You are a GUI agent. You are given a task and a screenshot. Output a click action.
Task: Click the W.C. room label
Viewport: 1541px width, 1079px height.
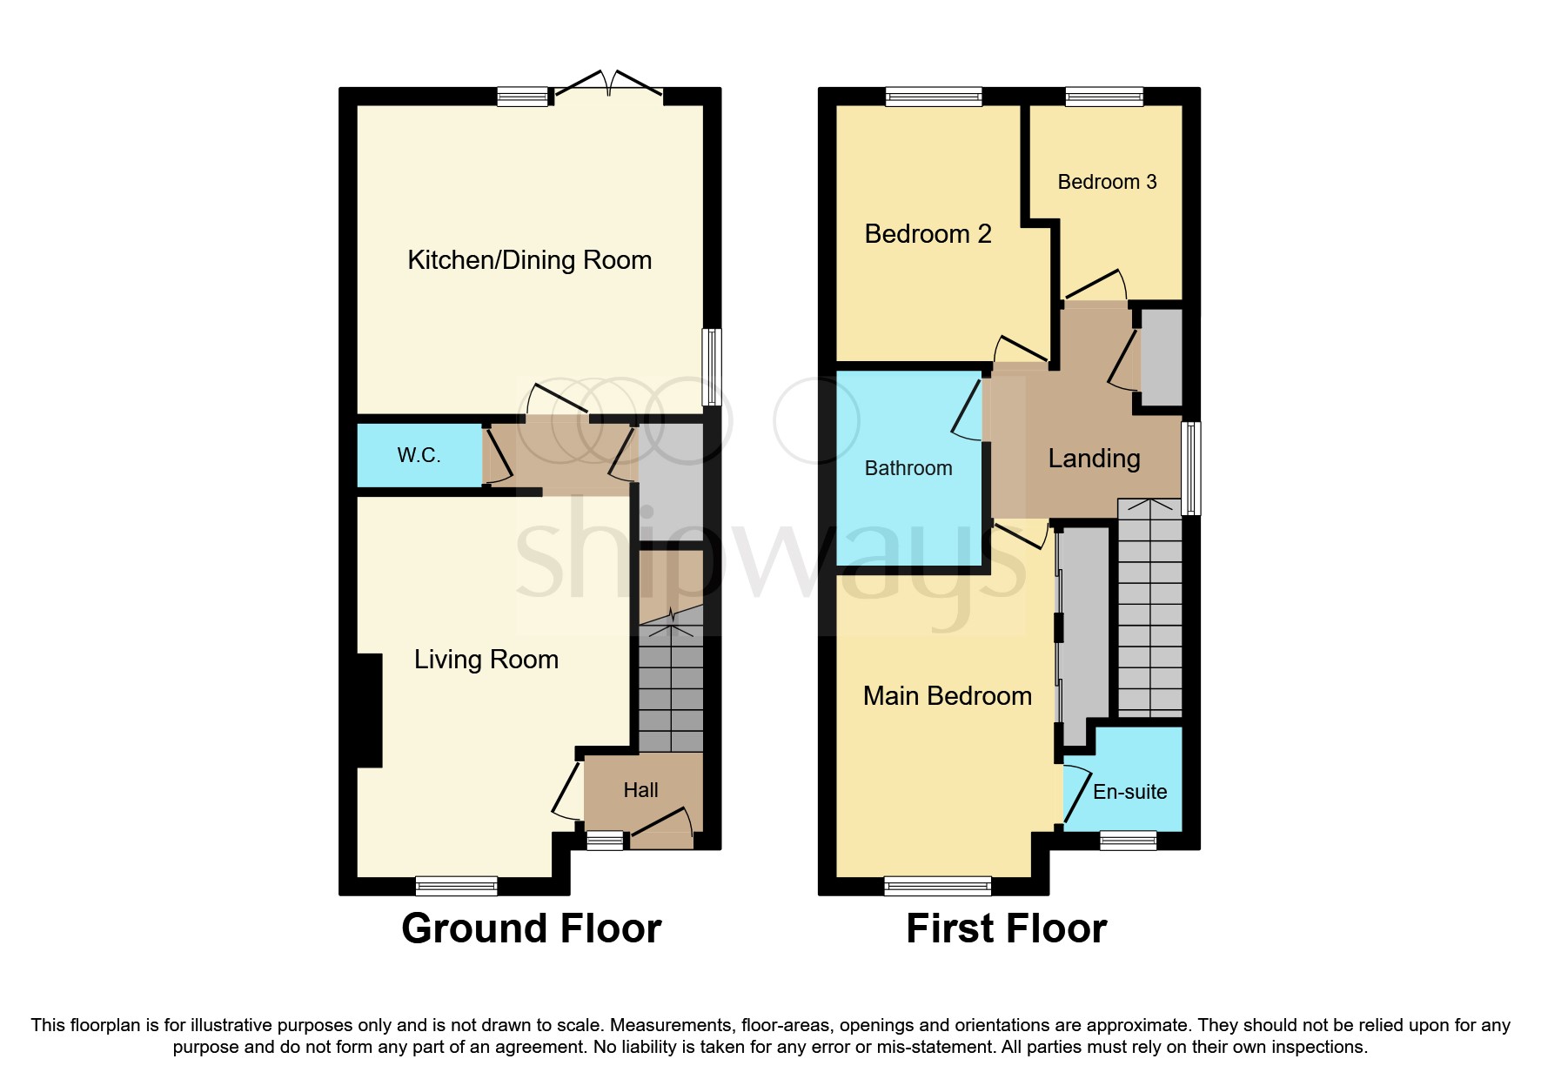(x=419, y=455)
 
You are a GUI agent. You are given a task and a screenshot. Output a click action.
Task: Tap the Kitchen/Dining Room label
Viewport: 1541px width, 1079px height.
(x=529, y=260)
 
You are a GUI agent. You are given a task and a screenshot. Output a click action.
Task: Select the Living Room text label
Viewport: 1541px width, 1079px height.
(x=486, y=660)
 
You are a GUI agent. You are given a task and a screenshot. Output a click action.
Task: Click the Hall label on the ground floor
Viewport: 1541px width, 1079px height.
(x=640, y=790)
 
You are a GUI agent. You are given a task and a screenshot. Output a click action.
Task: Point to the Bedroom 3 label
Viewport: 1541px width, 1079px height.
(x=1107, y=182)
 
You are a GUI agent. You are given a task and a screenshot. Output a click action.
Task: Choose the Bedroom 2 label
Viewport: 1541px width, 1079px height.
(x=928, y=234)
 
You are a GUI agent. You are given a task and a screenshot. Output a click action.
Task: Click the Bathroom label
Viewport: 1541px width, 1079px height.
(x=908, y=468)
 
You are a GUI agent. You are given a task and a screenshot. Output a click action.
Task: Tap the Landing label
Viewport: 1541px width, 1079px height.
(x=1094, y=459)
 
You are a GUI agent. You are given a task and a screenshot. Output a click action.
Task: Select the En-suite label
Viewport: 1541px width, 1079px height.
(x=1129, y=792)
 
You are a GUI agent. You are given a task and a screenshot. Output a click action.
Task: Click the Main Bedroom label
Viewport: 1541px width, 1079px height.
(x=947, y=696)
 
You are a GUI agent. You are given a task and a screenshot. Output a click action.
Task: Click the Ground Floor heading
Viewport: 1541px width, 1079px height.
(x=531, y=928)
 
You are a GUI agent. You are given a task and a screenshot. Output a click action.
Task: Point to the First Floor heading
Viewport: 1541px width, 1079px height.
(x=1006, y=928)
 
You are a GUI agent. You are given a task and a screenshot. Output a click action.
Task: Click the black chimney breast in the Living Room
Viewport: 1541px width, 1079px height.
(x=370, y=710)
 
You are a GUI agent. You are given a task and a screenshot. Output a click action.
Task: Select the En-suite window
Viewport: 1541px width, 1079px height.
(x=1128, y=841)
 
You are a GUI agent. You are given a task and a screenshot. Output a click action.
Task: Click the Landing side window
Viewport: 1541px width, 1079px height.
(x=1191, y=468)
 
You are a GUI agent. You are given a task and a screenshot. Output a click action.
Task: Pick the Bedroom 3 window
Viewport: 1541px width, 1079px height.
(x=1104, y=97)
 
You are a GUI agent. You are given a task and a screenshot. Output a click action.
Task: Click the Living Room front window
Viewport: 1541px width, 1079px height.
(x=456, y=886)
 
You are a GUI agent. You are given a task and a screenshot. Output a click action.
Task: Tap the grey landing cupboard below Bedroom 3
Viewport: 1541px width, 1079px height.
(x=1161, y=357)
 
